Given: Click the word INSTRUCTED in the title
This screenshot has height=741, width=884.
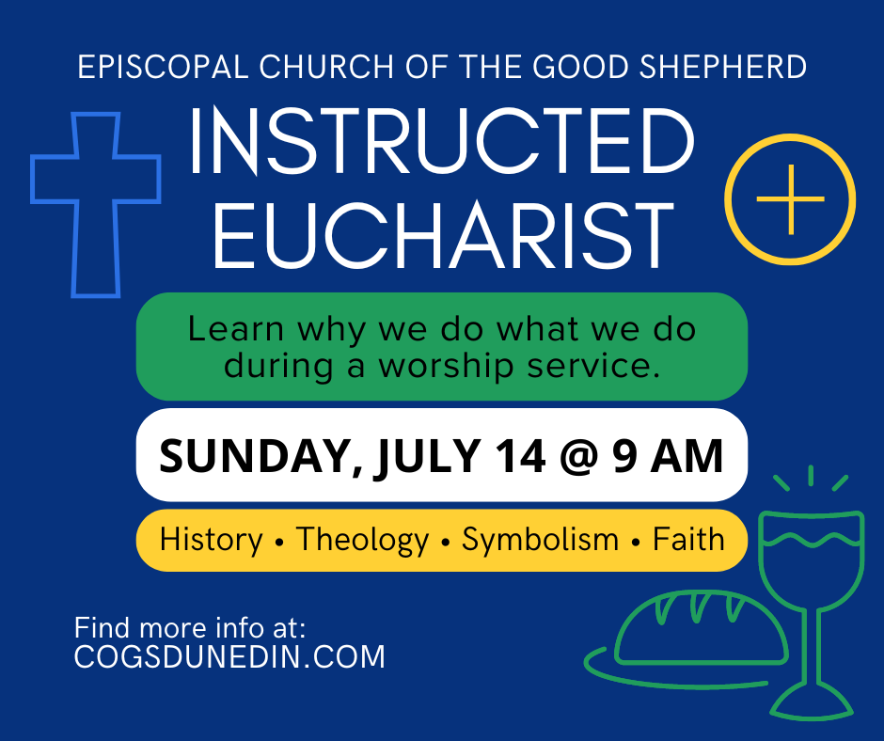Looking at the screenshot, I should point(441,144).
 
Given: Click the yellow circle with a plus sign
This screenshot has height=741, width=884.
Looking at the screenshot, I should point(790,199).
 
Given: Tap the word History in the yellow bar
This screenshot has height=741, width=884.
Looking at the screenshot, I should point(212,540).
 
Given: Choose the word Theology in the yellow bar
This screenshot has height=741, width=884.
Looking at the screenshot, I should point(362,540).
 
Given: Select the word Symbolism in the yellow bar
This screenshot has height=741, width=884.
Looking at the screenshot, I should point(540,540).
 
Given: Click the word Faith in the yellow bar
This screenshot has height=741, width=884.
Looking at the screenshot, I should point(688,540).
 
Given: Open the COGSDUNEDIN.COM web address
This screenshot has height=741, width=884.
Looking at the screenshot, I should point(229,656).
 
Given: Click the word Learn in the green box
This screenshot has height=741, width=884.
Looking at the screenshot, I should point(236,329).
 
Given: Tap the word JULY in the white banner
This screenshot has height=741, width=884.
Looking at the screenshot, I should point(428,457).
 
